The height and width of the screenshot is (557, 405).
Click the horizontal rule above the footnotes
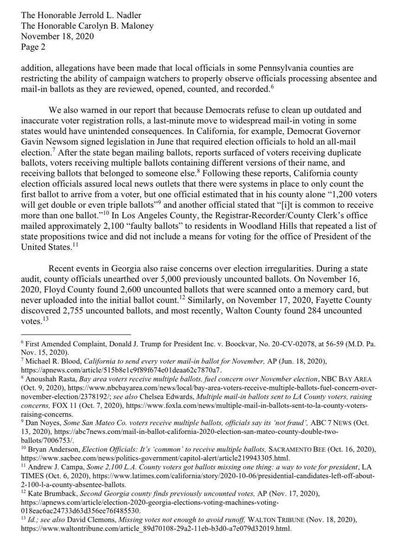(77, 334)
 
